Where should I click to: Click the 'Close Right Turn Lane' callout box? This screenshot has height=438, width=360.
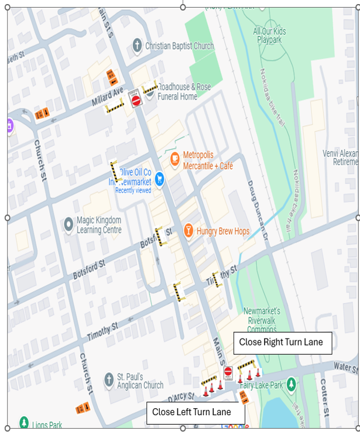[x=282, y=343]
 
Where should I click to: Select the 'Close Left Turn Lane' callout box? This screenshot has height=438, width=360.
[x=191, y=412]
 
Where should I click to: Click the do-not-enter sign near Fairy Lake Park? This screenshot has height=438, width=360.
[x=228, y=372]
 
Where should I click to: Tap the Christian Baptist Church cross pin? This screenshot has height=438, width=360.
[x=138, y=46]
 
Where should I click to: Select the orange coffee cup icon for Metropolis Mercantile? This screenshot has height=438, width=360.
[x=174, y=159]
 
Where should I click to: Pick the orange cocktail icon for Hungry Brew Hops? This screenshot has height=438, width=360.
[x=188, y=231]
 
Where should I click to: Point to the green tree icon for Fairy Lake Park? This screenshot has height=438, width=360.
[x=291, y=385]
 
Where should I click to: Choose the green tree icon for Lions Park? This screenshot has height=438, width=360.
[x=24, y=422]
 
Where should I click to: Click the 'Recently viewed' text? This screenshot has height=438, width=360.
[x=133, y=190]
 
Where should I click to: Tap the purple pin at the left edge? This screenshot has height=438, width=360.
[x=9, y=125]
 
